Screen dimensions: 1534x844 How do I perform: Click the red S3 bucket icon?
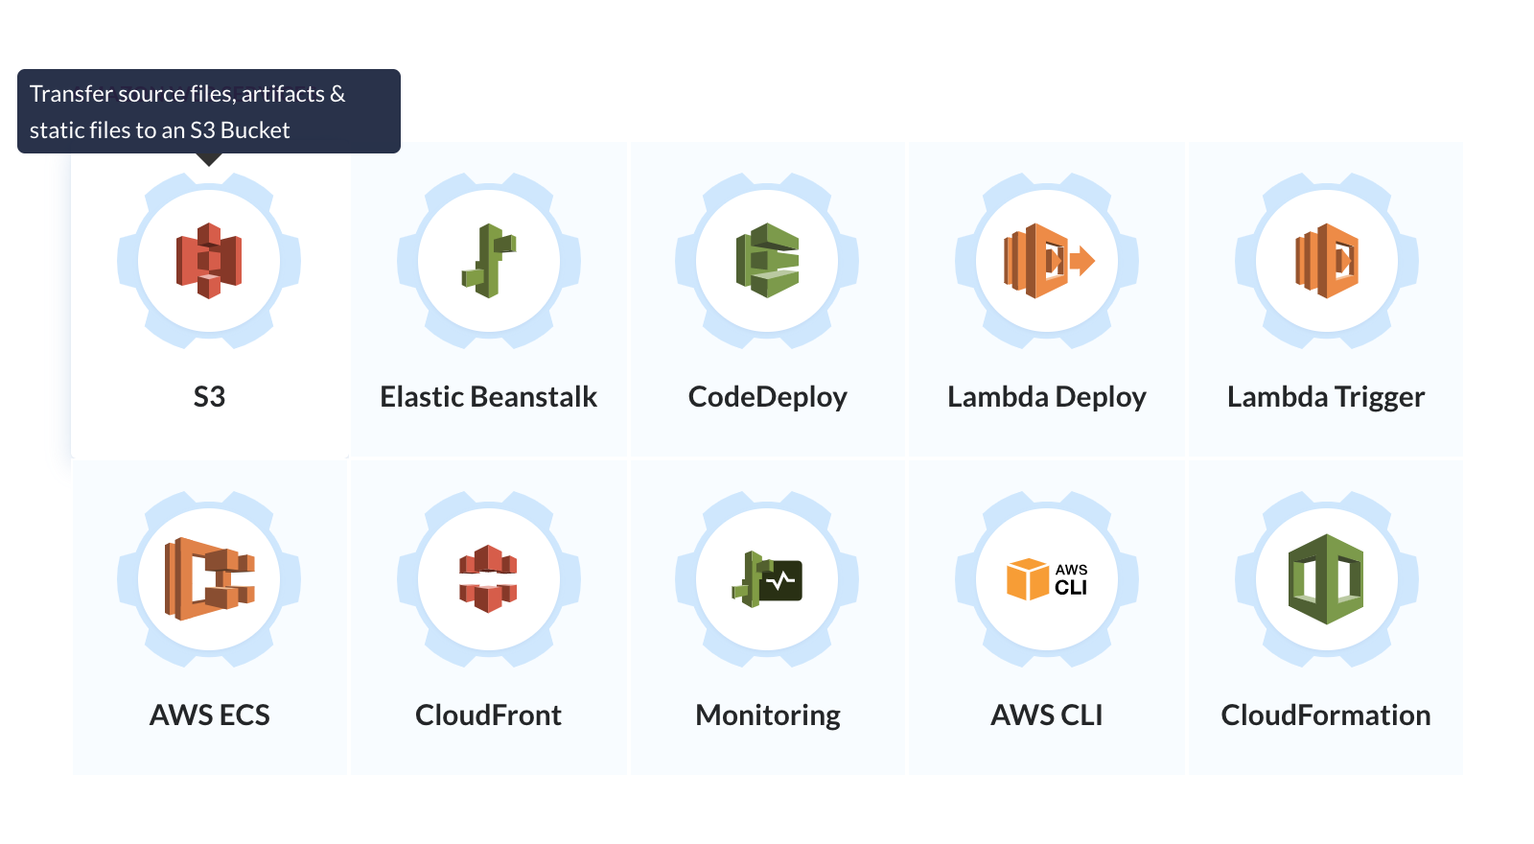(x=209, y=261)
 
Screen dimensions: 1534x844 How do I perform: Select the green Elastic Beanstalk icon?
(x=489, y=261)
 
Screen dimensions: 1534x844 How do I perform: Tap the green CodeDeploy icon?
(x=768, y=261)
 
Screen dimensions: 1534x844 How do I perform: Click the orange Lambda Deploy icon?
(x=1049, y=261)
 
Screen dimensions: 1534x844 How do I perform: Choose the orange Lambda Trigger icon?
(x=1327, y=261)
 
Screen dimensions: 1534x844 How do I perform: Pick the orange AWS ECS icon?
(x=210, y=579)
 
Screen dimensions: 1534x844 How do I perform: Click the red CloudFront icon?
(x=488, y=579)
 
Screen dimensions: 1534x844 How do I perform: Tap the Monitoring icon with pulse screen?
(x=767, y=579)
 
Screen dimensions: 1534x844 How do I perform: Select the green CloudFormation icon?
(x=1327, y=579)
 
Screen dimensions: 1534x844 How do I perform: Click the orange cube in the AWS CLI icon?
(x=1027, y=579)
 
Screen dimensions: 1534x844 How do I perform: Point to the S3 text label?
(x=209, y=397)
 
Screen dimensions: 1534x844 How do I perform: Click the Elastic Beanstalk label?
(x=488, y=397)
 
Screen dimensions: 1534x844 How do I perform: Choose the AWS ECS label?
(x=210, y=715)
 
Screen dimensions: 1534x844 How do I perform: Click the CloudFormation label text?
(x=1326, y=715)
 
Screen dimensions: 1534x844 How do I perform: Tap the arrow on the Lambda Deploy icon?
(x=1082, y=261)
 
